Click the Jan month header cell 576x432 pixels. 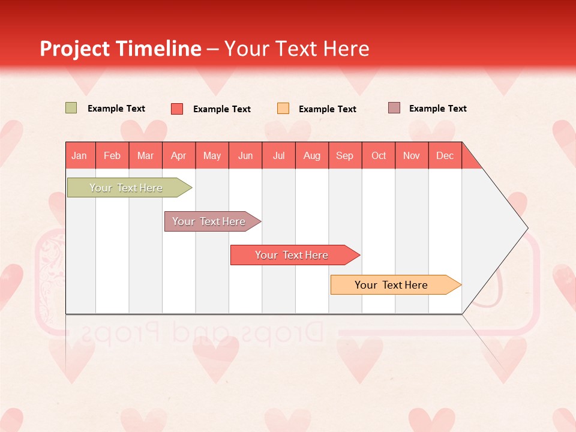click(80, 155)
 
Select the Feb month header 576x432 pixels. click(112, 155)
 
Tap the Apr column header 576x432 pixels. click(179, 155)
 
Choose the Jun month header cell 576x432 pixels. click(245, 155)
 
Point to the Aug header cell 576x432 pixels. click(312, 155)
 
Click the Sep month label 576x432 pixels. click(345, 155)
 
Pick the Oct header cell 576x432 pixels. click(379, 155)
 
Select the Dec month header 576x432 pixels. click(445, 155)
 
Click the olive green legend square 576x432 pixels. click(71, 108)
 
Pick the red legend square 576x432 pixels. click(177, 109)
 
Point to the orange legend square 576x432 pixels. click(283, 109)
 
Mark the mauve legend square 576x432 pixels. click(394, 108)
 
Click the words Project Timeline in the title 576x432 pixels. click(120, 49)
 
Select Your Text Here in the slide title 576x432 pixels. click(297, 49)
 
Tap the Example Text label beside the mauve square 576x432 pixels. click(437, 109)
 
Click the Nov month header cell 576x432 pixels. click(412, 155)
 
